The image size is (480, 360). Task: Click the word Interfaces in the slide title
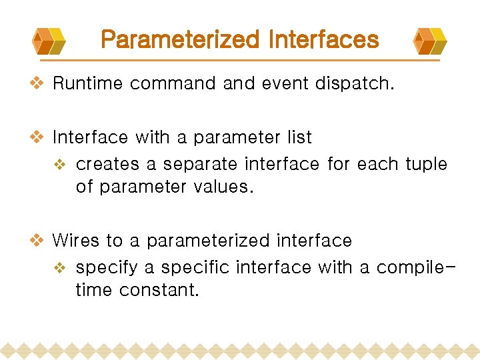click(x=323, y=40)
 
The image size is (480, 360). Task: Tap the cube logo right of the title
click(x=429, y=41)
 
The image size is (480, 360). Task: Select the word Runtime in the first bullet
click(x=88, y=83)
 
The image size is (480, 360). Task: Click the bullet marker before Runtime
click(x=39, y=83)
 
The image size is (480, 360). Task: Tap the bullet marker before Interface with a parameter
click(x=39, y=137)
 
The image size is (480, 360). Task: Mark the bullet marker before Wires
click(x=39, y=240)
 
